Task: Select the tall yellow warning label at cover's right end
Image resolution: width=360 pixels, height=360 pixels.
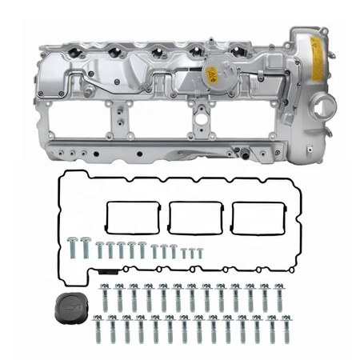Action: pyautogui.click(x=317, y=58)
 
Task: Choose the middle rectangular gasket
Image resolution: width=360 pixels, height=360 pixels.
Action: pyautogui.click(x=193, y=216)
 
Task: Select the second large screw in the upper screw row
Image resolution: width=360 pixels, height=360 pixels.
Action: pyautogui.click(x=85, y=248)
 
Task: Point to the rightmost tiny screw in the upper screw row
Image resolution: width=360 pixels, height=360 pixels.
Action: pyautogui.click(x=200, y=253)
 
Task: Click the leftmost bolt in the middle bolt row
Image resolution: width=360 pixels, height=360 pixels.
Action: pyautogui.click(x=104, y=298)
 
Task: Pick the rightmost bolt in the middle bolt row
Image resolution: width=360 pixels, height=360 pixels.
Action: pyautogui.click(x=279, y=298)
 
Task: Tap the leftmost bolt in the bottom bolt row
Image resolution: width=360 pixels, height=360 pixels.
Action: pyautogui.click(x=97, y=328)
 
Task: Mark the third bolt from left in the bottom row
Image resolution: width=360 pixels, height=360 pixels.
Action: pyautogui.click(x=126, y=328)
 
